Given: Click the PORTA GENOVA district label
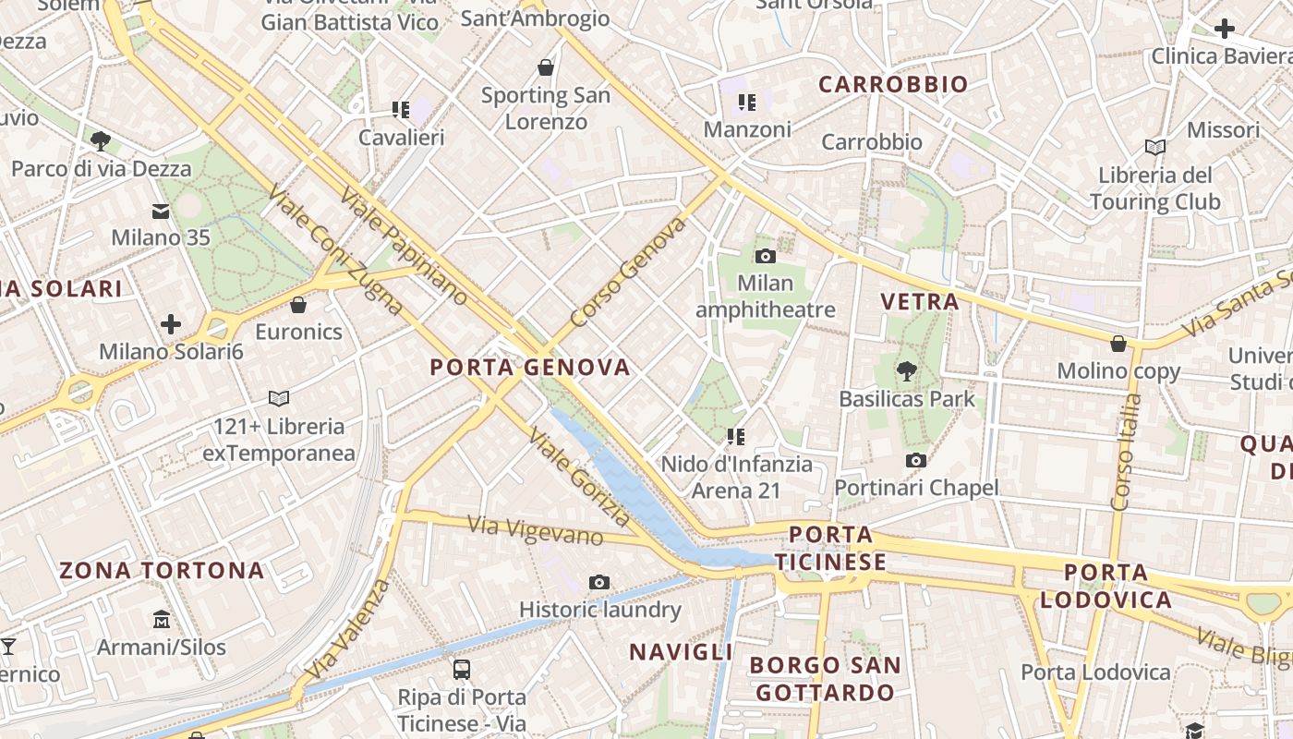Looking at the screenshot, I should (x=530, y=368).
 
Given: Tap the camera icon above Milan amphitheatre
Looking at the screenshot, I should (x=765, y=256).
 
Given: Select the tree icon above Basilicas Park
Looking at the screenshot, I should (x=907, y=371).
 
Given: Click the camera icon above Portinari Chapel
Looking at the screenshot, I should (x=916, y=460).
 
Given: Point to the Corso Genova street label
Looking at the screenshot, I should (x=628, y=273).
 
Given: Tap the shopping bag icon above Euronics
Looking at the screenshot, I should (x=298, y=304).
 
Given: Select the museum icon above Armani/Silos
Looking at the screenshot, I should (x=162, y=619).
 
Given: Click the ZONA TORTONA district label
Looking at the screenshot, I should (x=162, y=571).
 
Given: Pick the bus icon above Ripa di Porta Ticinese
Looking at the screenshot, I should (x=461, y=670).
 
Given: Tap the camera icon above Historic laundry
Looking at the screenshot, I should (x=599, y=582).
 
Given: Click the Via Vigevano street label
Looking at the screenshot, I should (x=536, y=531).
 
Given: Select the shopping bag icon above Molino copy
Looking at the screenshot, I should (x=1118, y=344).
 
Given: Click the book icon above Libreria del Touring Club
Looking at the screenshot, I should (x=1154, y=147).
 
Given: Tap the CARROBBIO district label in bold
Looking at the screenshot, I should (x=893, y=85).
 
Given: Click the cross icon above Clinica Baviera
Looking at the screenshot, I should (x=1225, y=29).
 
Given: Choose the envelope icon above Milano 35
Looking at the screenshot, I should (x=162, y=212).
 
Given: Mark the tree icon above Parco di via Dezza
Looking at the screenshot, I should (x=101, y=141).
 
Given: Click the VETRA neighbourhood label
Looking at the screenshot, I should (x=919, y=302).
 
